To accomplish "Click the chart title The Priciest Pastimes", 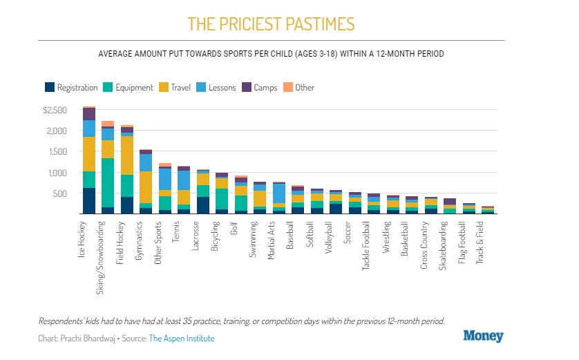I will pos(272,24).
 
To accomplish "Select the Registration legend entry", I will pos(71,88).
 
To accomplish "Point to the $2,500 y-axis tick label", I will pos(55,111).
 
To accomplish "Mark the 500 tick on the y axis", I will pos(60,193).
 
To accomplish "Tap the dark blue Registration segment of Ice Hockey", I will pos(89,201).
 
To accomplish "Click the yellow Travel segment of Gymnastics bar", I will pos(146,187).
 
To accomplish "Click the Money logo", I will pos(483,337).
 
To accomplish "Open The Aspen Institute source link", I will pos(182,339).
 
